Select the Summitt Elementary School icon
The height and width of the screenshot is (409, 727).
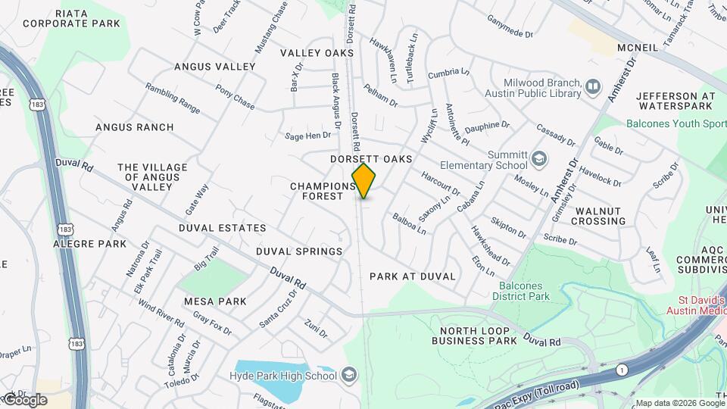(x=538, y=159)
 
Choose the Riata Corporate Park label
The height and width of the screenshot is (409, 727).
(x=71, y=18)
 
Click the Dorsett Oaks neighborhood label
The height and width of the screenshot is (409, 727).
(x=371, y=159)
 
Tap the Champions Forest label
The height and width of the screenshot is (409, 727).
(x=323, y=191)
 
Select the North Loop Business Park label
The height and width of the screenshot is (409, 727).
(x=474, y=335)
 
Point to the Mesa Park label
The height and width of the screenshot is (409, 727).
(x=215, y=301)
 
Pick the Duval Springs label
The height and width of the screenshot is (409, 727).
(x=298, y=251)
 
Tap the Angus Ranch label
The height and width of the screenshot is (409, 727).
(x=134, y=127)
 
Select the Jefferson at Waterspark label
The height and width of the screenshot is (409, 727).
(x=676, y=101)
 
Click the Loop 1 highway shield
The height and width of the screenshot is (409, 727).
(x=621, y=370)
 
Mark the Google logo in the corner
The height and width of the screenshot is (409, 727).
(x=24, y=399)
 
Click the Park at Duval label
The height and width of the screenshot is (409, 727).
(x=412, y=276)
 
